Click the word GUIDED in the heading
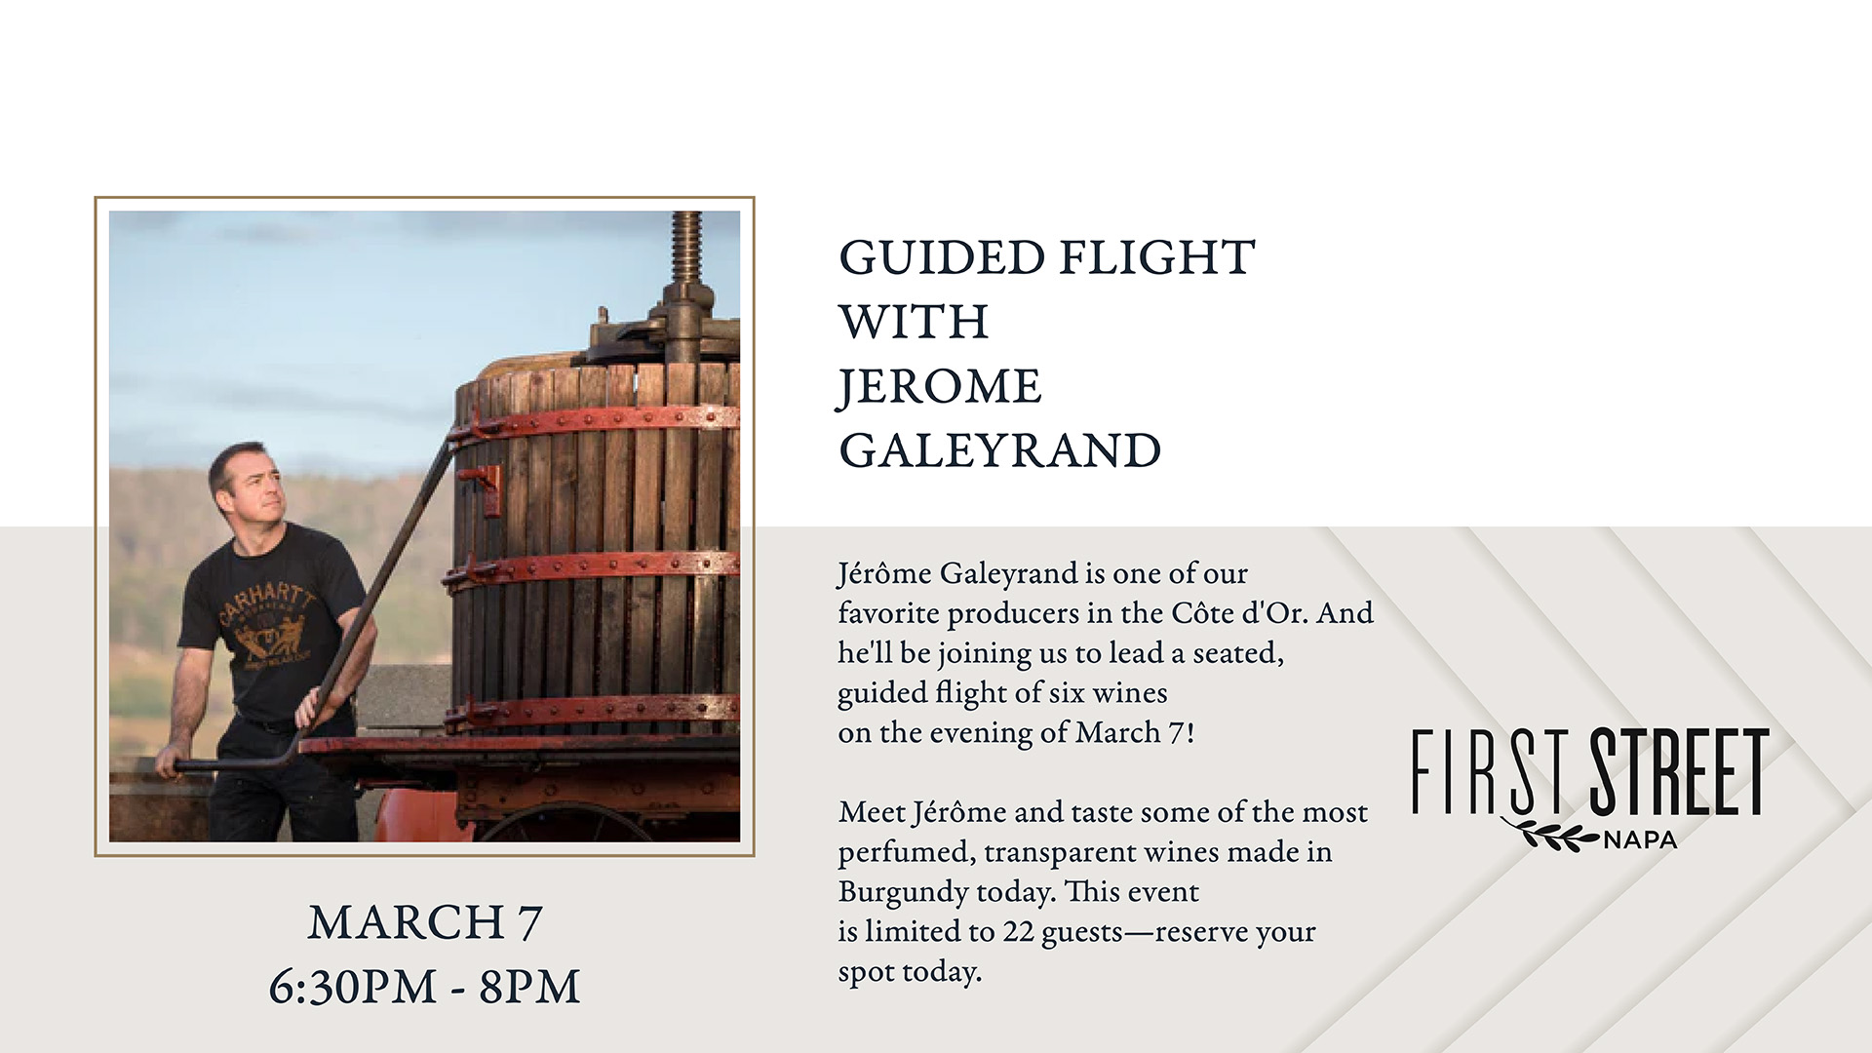(942, 258)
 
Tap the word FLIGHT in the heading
(1157, 258)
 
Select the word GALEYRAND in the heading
(1000, 450)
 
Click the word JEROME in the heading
(940, 387)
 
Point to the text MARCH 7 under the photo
(425, 922)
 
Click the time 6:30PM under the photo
(353, 987)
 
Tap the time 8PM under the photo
(529, 987)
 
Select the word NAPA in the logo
(1640, 839)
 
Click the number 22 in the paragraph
(1018, 932)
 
